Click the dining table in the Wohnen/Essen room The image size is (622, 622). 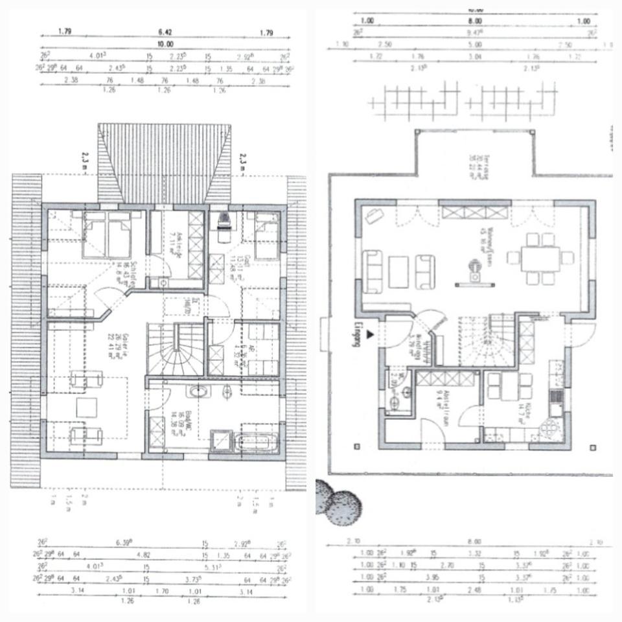[540, 257]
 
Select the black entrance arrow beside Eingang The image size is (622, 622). [370, 334]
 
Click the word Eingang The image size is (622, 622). [355, 334]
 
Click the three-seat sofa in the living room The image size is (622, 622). [373, 270]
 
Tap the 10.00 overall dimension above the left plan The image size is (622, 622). [165, 44]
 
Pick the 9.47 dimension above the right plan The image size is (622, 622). [476, 30]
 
